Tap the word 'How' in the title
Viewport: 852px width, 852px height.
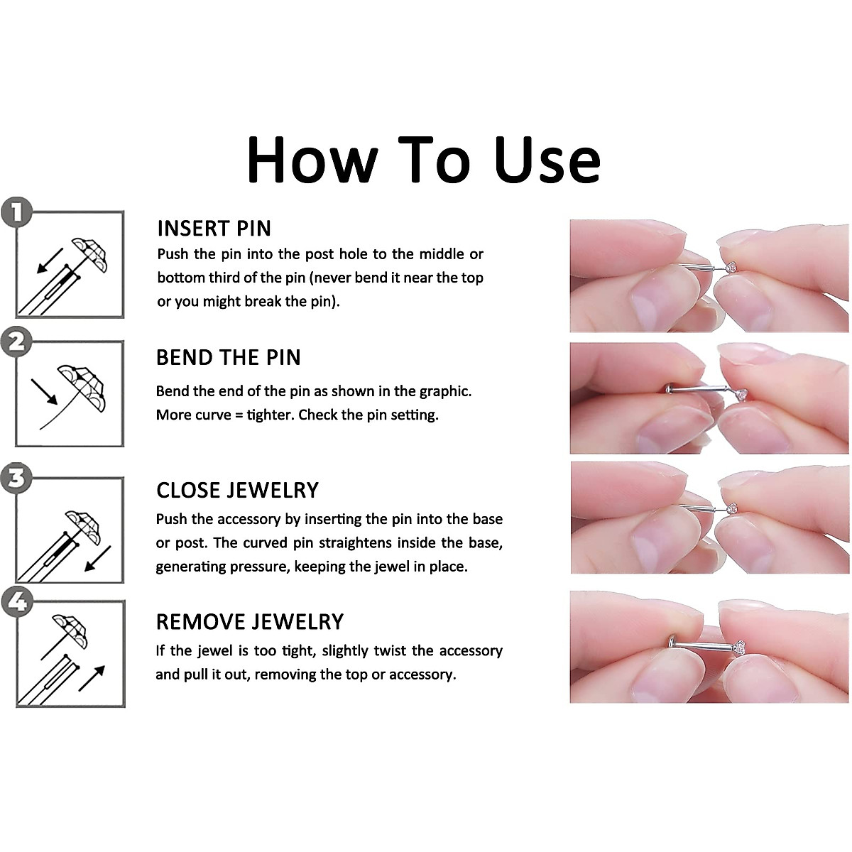(x=312, y=160)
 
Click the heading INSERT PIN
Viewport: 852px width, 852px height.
(x=214, y=229)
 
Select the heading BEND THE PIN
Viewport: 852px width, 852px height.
(x=228, y=357)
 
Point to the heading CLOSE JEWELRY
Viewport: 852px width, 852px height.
(x=237, y=490)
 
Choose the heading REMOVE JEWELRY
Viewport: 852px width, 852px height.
(x=250, y=622)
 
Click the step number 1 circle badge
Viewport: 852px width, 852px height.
(x=17, y=212)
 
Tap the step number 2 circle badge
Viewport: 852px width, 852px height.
(x=17, y=342)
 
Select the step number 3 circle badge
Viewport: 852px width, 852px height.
(x=17, y=478)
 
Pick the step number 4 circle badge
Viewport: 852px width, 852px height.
(x=17, y=602)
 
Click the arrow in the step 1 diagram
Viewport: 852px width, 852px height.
(x=50, y=261)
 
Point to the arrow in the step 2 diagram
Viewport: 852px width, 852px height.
(x=44, y=391)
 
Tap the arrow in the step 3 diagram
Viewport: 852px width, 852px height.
(x=97, y=559)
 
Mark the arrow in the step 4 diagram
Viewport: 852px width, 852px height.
(x=92, y=678)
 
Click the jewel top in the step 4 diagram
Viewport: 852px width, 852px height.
(x=70, y=631)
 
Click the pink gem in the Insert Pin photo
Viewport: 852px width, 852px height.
(x=731, y=267)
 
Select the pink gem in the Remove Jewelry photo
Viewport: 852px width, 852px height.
(x=739, y=648)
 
